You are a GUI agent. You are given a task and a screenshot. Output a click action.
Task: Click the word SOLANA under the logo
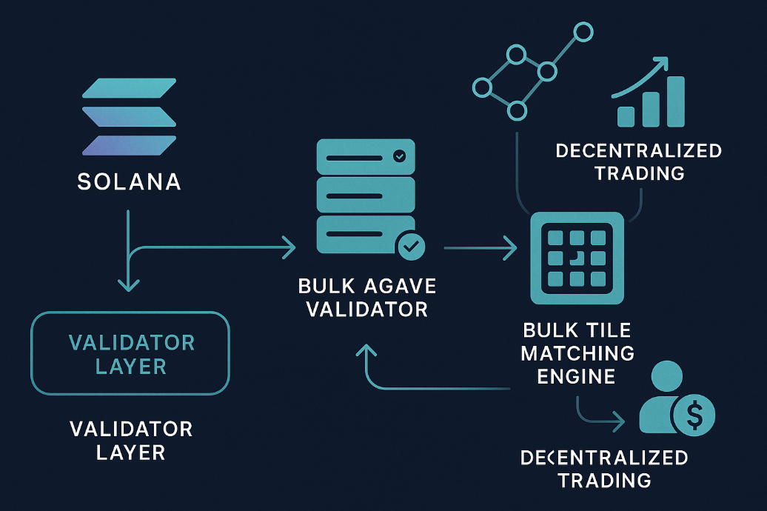(x=129, y=181)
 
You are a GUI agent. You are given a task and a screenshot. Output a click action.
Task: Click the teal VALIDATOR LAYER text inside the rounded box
(x=130, y=354)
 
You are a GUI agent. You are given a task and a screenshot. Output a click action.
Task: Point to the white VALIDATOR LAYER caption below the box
(x=130, y=439)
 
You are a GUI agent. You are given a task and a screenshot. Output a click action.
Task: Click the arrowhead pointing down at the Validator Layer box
(x=128, y=284)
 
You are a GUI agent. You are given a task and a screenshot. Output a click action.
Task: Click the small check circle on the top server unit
(x=399, y=156)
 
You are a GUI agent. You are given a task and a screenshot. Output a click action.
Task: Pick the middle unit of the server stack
(x=365, y=196)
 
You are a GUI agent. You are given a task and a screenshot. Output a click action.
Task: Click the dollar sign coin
(x=694, y=415)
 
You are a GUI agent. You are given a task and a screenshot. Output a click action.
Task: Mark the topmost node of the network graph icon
(x=583, y=33)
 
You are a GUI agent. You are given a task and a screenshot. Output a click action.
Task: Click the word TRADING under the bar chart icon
(x=639, y=173)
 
